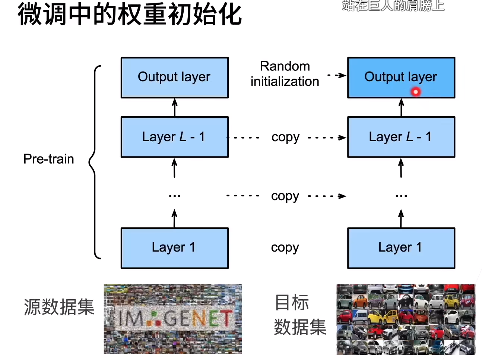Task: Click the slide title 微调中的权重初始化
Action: (130, 14)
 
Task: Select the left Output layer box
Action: (174, 78)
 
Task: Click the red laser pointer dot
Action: (416, 92)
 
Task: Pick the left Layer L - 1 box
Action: (174, 137)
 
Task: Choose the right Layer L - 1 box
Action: (401, 137)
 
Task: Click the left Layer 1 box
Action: (174, 248)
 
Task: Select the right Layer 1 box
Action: (401, 248)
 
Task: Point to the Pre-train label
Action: (48, 159)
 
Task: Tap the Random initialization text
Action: (285, 74)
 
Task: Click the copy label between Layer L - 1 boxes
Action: (285, 138)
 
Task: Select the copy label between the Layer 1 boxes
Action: (285, 248)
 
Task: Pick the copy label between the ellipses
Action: (285, 196)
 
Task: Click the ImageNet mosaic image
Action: (173, 319)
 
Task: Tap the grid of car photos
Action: (406, 319)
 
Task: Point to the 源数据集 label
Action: (59, 307)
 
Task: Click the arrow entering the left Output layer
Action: (175, 107)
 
